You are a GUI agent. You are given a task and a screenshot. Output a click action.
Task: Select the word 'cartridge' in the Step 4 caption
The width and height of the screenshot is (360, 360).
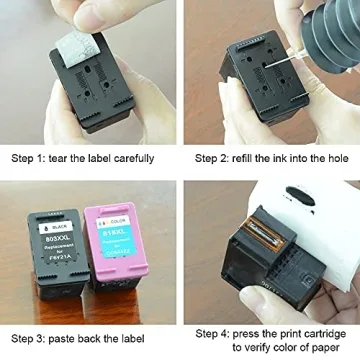pyautogui.click(x=328, y=333)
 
